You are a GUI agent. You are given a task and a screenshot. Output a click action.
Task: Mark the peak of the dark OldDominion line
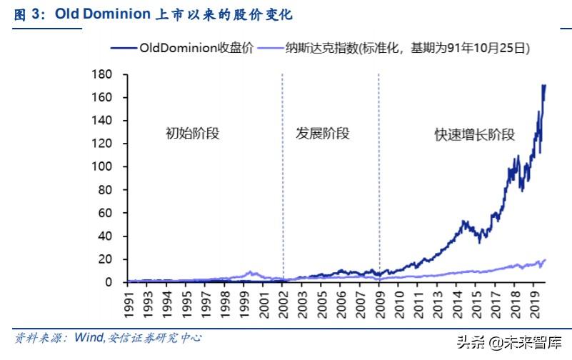[545, 85]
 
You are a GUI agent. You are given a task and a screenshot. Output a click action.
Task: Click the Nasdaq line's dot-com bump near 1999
[250, 272]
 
